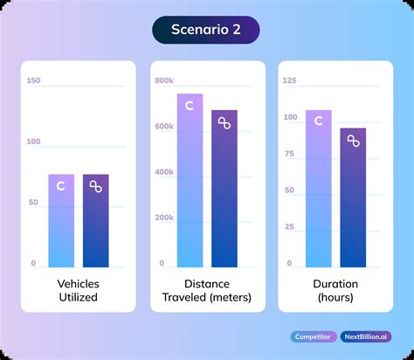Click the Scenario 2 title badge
(x=206, y=30)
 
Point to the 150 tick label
(x=34, y=80)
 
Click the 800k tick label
(x=165, y=80)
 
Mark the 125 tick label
(x=290, y=80)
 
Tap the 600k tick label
(x=165, y=127)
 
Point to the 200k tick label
(x=165, y=218)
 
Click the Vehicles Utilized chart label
(x=79, y=290)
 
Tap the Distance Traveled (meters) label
(x=207, y=290)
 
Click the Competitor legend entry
(x=312, y=336)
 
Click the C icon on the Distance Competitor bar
(x=190, y=107)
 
